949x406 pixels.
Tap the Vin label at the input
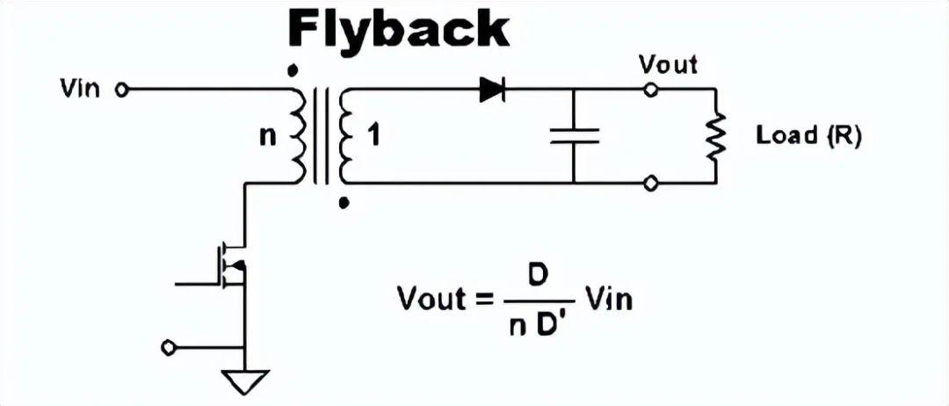(x=80, y=90)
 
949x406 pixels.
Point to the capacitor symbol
(x=575, y=135)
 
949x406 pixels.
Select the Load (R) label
(x=808, y=136)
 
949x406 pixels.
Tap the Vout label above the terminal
(x=668, y=64)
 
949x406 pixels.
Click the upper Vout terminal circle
(x=650, y=91)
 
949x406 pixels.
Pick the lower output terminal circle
(x=650, y=183)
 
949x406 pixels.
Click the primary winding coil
(x=300, y=135)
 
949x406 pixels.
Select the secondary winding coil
(x=345, y=136)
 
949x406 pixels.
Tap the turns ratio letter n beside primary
(x=267, y=137)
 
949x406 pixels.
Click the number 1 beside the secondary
(x=374, y=136)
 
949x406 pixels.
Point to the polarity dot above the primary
(x=293, y=71)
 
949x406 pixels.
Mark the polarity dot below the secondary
(x=344, y=203)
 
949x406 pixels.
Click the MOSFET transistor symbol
(x=227, y=265)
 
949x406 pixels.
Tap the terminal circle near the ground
(x=168, y=347)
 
